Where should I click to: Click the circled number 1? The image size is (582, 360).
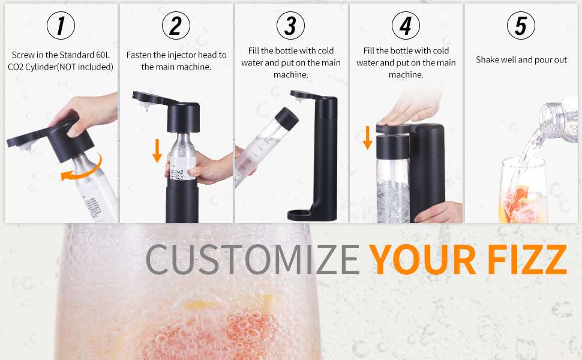(61, 26)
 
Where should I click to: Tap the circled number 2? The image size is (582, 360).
(176, 26)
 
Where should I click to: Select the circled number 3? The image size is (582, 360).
(290, 26)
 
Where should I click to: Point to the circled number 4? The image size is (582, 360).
(406, 26)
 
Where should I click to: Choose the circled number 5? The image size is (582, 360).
(521, 26)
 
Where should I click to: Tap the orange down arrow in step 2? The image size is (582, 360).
(157, 151)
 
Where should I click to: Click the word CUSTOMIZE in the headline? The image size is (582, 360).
(253, 259)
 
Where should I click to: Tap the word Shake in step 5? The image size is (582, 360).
(488, 60)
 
